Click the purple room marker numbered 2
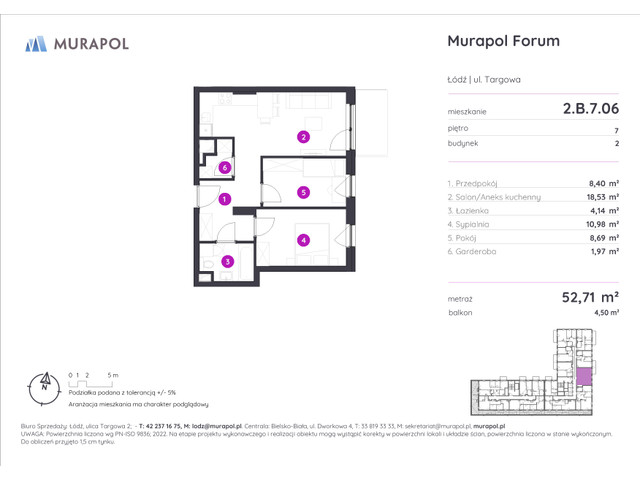(x=303, y=137)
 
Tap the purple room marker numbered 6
(x=226, y=168)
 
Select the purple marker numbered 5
(x=303, y=192)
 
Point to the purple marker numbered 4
(x=303, y=239)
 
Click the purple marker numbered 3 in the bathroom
(x=227, y=262)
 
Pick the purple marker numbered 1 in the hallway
(x=226, y=200)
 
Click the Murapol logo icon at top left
(x=37, y=43)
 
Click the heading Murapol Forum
(x=501, y=41)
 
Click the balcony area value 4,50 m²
(x=606, y=313)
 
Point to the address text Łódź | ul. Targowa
(x=484, y=79)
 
